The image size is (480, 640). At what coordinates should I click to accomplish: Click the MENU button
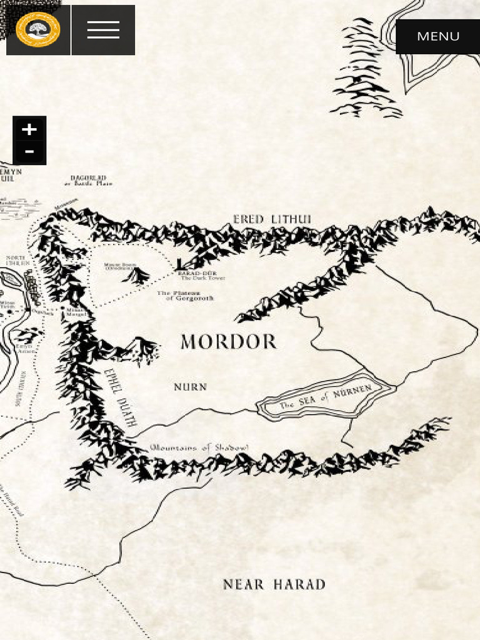[x=437, y=36]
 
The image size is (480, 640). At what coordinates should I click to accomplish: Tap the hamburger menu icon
[x=103, y=30]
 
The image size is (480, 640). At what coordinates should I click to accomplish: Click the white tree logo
[x=38, y=30]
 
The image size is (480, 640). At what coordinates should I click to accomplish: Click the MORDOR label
[x=228, y=342]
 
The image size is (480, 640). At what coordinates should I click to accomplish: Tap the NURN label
[x=190, y=387]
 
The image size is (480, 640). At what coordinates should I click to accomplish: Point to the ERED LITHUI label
[x=272, y=219]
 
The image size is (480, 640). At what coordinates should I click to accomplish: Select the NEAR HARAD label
[x=274, y=585]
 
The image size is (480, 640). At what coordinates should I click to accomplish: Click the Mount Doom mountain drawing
[x=137, y=276]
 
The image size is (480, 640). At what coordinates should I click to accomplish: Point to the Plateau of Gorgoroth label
[x=185, y=296]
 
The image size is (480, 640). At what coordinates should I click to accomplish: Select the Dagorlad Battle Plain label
[x=88, y=181]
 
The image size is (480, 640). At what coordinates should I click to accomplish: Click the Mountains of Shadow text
[x=199, y=447]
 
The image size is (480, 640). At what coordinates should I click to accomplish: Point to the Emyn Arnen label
[x=24, y=348]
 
